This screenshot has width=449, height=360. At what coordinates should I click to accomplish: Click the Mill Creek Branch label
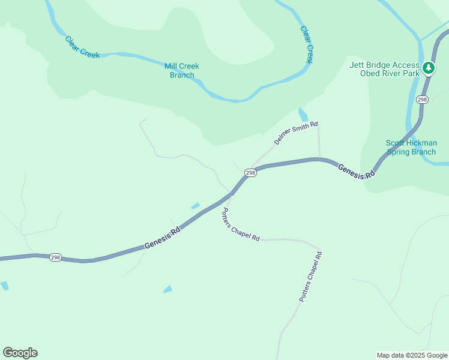[182, 71]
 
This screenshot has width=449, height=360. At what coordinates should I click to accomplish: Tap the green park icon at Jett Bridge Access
[428, 68]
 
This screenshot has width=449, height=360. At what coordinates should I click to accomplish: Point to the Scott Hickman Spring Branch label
[411, 148]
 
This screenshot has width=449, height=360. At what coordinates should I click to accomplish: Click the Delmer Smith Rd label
[295, 134]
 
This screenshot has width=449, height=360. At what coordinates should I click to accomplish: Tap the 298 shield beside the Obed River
[422, 100]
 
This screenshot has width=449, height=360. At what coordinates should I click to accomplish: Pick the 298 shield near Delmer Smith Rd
[250, 173]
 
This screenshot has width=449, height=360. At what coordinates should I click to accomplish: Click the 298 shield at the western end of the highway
[56, 257]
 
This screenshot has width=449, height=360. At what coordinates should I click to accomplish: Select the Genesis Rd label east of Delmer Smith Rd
[357, 171]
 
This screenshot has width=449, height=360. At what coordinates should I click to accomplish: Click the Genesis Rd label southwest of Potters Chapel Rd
[162, 239]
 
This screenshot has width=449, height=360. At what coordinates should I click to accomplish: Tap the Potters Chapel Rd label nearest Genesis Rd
[241, 224]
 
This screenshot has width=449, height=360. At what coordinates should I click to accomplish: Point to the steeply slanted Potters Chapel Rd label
[311, 277]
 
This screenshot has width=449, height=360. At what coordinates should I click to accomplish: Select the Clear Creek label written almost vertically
[307, 44]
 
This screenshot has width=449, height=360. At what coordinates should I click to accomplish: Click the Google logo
[20, 353]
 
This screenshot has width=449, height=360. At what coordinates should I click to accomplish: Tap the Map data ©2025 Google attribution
[412, 355]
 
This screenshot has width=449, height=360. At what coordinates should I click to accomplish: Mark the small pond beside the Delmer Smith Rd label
[303, 114]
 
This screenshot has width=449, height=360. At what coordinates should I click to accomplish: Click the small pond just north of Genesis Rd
[195, 206]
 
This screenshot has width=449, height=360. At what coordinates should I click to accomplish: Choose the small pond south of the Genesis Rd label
[167, 290]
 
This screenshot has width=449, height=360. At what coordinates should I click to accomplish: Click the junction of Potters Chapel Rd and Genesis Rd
[231, 194]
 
